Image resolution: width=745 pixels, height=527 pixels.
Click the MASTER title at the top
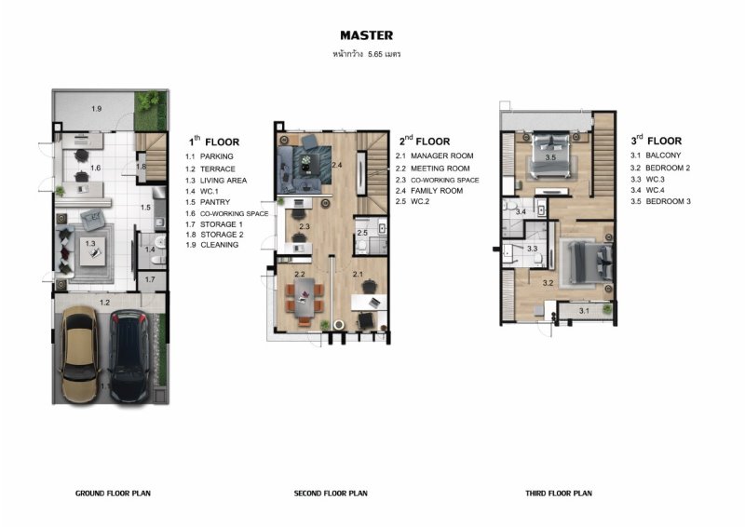click(366, 35)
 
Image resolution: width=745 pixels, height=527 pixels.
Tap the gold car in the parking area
click(79, 354)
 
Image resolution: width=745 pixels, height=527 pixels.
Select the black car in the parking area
click(129, 356)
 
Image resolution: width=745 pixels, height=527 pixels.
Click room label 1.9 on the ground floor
click(97, 109)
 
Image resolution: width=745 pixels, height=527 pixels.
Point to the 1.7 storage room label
click(150, 279)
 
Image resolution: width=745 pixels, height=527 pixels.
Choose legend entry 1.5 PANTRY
click(208, 202)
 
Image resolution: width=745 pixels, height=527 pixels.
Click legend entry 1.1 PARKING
click(209, 156)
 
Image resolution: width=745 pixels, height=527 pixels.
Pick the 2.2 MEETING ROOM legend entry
click(432, 169)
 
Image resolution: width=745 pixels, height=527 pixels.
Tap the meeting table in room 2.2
click(304, 298)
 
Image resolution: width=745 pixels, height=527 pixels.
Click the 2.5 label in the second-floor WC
click(362, 233)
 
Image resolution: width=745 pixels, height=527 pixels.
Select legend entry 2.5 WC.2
click(413, 201)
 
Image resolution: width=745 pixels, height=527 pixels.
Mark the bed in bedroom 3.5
click(550, 155)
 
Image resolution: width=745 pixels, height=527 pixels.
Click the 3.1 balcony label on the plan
click(585, 311)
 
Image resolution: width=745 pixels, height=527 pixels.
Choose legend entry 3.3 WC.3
click(647, 179)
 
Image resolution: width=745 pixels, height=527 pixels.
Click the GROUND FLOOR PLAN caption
click(113, 493)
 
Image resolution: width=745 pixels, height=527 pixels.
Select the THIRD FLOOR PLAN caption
click(559, 493)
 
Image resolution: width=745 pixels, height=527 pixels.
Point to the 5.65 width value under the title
click(375, 54)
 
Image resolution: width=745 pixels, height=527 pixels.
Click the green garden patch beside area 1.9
click(151, 110)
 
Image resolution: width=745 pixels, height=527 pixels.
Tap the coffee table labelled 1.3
click(92, 250)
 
